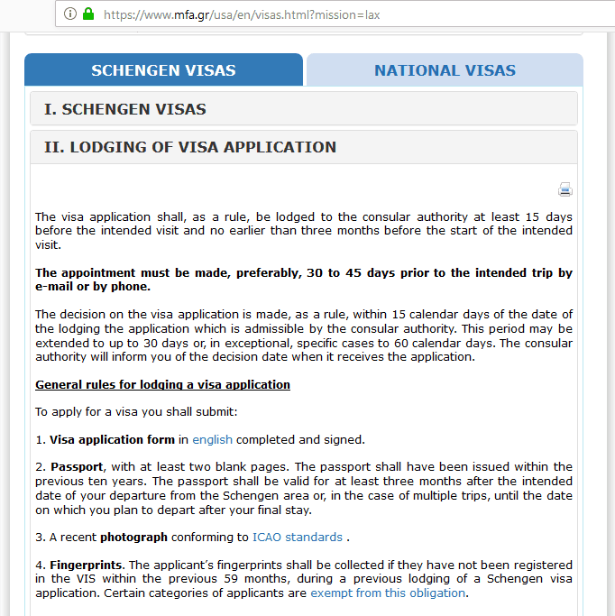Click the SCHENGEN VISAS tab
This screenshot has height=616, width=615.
[163, 70]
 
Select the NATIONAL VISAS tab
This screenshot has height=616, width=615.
[445, 70]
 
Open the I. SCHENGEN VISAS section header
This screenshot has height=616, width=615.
[125, 109]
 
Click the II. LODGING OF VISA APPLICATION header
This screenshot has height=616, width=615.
[190, 147]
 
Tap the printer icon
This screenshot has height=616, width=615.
[565, 189]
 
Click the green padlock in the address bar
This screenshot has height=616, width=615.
[88, 14]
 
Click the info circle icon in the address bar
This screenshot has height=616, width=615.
[70, 14]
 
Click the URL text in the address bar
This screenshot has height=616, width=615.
[241, 14]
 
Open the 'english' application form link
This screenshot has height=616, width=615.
[212, 440]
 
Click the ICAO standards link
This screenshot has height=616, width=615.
[297, 538]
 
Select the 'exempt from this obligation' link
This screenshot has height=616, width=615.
[388, 593]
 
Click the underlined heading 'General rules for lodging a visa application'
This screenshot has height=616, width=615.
[162, 385]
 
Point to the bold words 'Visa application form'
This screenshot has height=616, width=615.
[112, 440]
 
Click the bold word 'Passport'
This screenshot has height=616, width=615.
[77, 467]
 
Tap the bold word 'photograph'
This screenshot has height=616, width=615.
[133, 538]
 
